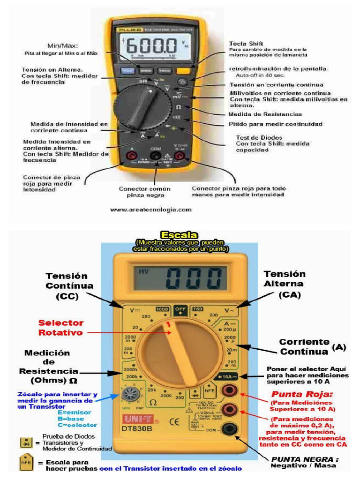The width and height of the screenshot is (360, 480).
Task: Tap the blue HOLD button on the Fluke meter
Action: point(126,71)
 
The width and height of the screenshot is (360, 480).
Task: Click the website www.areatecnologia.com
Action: point(150,210)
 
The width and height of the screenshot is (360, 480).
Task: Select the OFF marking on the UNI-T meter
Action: point(180,309)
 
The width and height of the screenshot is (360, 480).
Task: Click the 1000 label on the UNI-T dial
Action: point(162,310)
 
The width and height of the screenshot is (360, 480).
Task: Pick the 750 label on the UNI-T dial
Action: point(198,309)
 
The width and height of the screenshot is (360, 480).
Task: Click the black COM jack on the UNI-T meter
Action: point(229,427)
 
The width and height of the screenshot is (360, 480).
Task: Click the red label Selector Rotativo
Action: point(61,327)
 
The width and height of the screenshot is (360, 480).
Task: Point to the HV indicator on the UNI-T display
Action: point(142,271)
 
